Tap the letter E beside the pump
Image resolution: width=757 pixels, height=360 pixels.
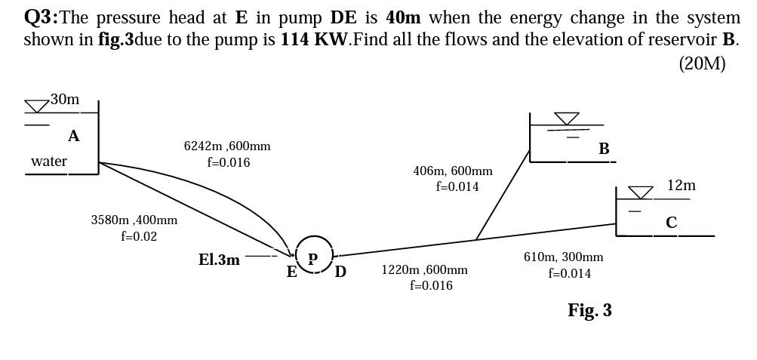pos(291,272)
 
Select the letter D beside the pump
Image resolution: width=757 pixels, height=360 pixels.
pos(340,272)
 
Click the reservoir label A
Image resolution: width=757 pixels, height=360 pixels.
pos(73,137)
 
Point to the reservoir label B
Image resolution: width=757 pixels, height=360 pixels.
pos(604,149)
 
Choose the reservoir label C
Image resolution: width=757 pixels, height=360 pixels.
pos(671,223)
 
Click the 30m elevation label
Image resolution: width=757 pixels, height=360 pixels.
pos(65,99)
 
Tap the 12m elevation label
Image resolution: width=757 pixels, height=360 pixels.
pos(681,185)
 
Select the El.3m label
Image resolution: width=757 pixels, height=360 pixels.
pos(219,260)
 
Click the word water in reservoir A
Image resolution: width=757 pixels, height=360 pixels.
pos(49,161)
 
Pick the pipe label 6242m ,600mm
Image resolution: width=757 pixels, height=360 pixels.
pos(227,146)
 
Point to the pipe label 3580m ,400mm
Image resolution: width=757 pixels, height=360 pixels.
pos(134,220)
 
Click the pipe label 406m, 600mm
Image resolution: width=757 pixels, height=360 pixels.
pos(453,171)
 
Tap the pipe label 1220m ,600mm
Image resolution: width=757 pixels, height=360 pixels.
pos(424,269)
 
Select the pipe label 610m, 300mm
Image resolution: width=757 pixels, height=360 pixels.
pos(563,257)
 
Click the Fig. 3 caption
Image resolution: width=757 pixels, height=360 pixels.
pos(589,310)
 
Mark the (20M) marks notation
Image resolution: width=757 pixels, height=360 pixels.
pos(702,63)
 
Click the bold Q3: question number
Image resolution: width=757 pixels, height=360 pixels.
pos(41,17)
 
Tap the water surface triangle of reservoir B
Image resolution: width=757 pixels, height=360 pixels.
pos(567,118)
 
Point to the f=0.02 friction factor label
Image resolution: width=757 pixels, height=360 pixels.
pos(139,236)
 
